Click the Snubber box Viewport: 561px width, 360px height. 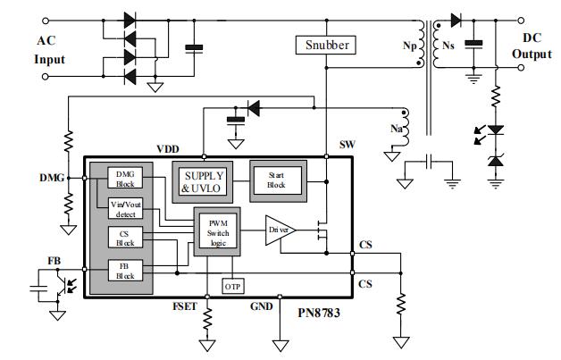coord(326,44)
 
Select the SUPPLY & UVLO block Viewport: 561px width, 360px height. coord(204,181)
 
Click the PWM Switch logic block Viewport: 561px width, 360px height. coord(217,232)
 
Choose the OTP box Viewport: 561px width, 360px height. coord(232,287)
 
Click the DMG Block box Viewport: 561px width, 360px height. coord(122,178)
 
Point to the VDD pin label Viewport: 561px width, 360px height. coord(168,149)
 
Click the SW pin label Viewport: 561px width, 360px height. coord(347,145)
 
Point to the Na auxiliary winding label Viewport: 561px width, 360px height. coord(396,130)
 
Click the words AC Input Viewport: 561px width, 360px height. coord(49,50)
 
